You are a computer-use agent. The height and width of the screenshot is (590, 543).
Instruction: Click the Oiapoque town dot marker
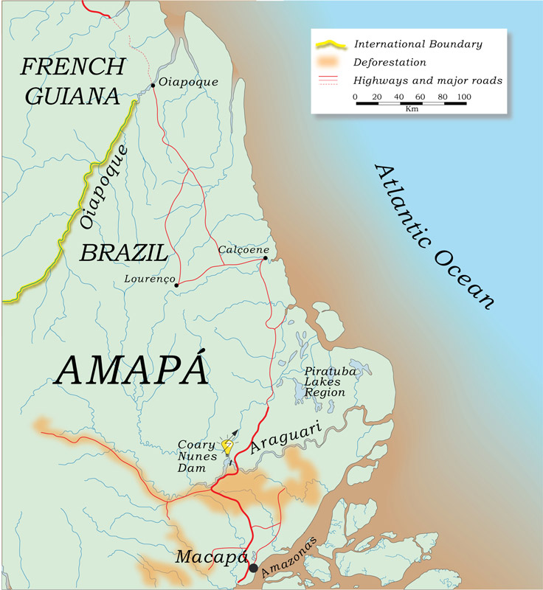click(153, 86)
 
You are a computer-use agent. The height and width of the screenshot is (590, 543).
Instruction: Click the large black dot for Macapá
click(254, 568)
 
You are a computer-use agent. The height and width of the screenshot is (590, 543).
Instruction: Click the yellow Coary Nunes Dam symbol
click(227, 446)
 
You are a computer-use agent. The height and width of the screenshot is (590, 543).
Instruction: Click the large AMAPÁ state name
click(131, 369)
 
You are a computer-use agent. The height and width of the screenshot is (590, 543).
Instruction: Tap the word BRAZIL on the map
click(123, 254)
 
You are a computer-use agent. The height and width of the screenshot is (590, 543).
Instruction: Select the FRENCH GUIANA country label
click(72, 80)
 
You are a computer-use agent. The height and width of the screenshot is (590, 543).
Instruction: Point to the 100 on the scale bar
click(463, 97)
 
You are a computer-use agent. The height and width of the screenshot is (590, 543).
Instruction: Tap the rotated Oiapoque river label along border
click(103, 187)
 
